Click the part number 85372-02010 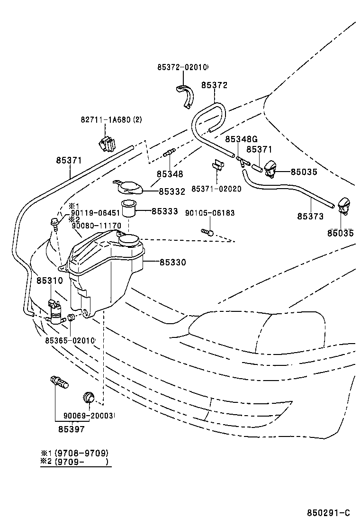pyautogui.click(x=182, y=67)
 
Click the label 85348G pyautogui.click(x=241, y=139)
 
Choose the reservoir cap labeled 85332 pyautogui.click(x=128, y=188)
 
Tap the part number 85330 pyautogui.click(x=172, y=262)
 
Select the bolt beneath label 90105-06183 pyautogui.click(x=207, y=232)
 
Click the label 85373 pyautogui.click(x=310, y=217)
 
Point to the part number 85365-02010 pyautogui.click(x=70, y=340)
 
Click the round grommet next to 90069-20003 pyautogui.click(x=89, y=397)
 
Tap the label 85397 pyautogui.click(x=71, y=429)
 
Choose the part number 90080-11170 pyautogui.click(x=97, y=226)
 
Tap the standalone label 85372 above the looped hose pyautogui.click(x=214, y=85)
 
